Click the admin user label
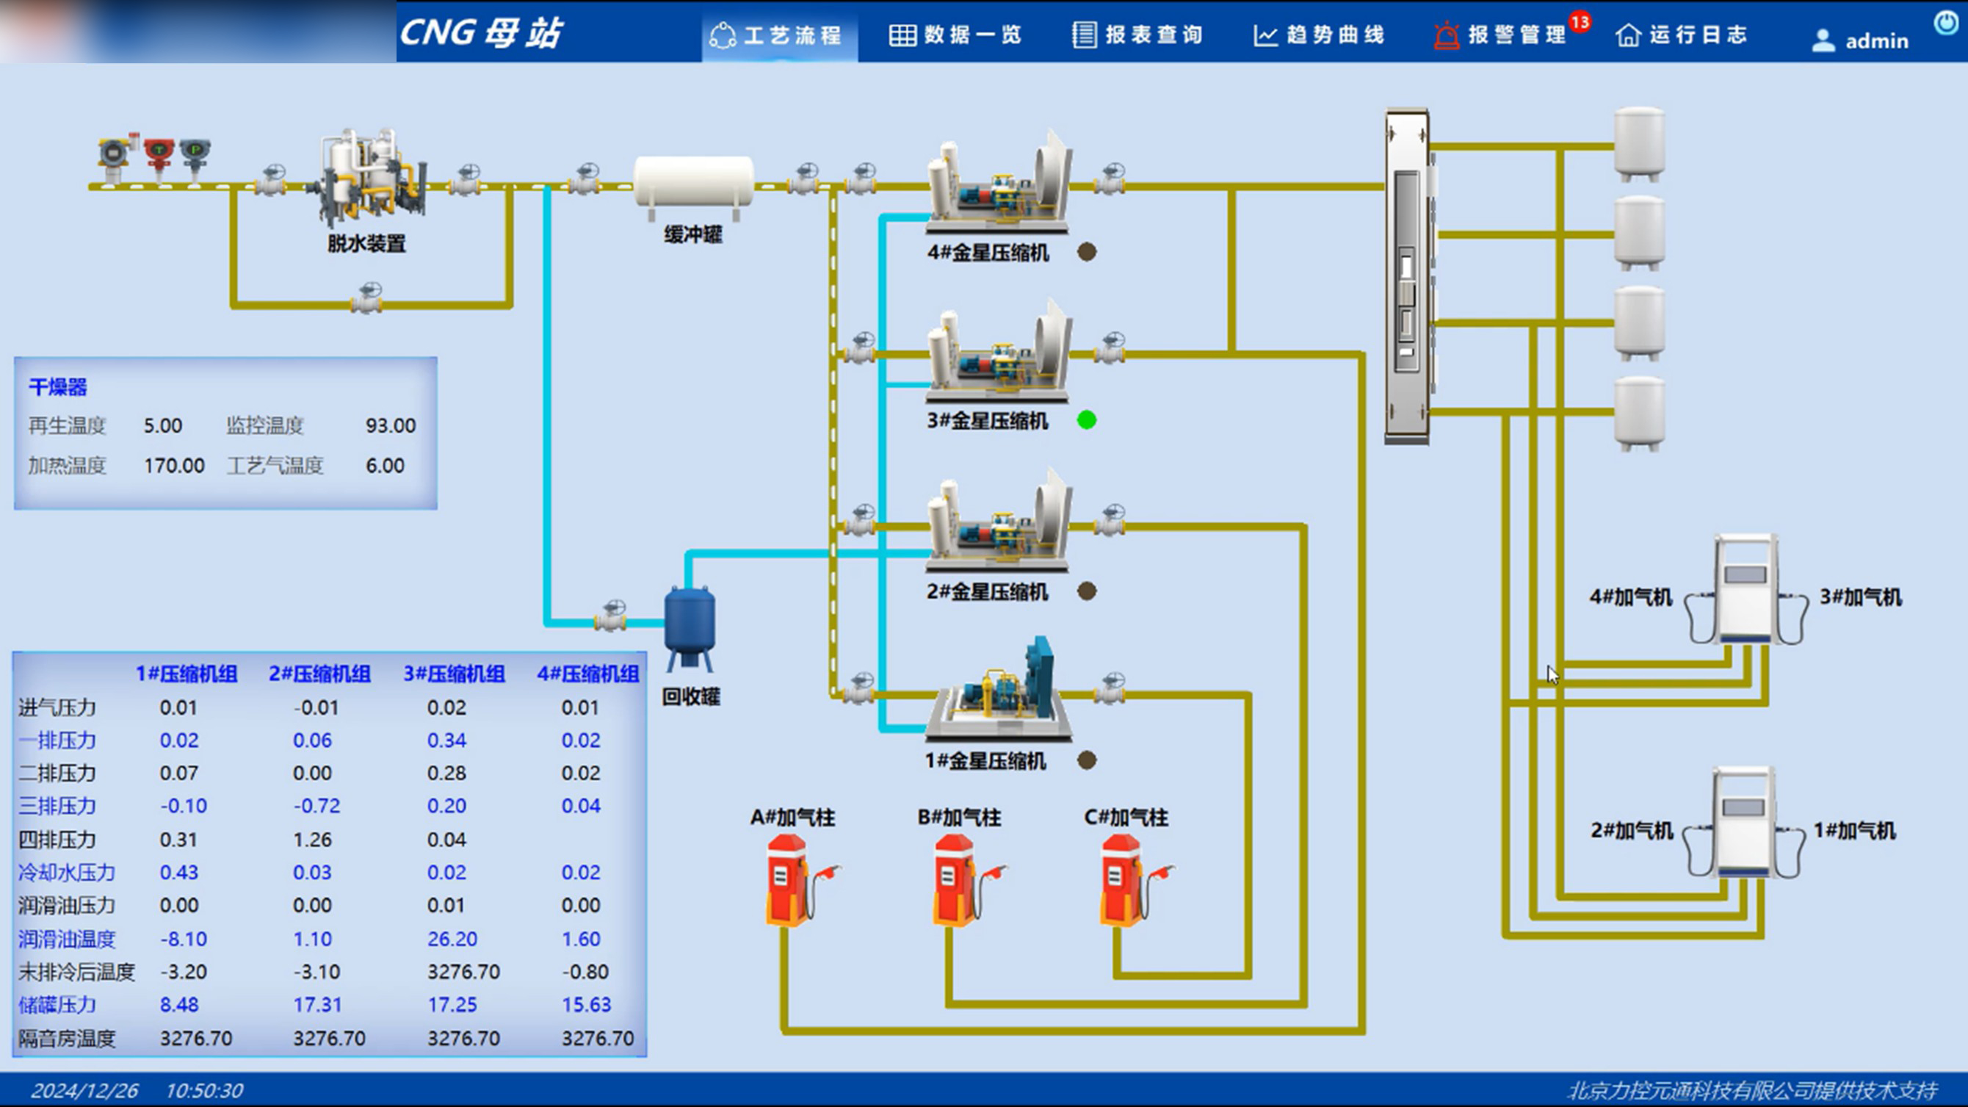pos(1876,40)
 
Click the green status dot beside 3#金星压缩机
pos(1086,420)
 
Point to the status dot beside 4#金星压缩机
pos(1086,251)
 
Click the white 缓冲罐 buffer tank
pos(694,184)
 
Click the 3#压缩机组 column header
pos(454,674)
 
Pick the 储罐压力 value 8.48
pos(179,1005)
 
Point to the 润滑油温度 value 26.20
pos(452,939)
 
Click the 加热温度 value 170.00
pos(174,466)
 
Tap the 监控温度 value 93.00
pos(391,425)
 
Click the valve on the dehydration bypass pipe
pos(367,299)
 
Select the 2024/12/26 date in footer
pos(84,1090)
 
